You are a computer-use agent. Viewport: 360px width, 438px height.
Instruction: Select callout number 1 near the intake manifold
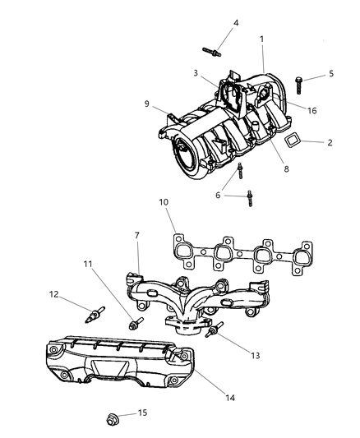(x=261, y=39)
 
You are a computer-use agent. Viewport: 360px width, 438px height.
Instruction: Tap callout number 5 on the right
(x=330, y=73)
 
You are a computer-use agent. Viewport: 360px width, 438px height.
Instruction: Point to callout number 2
(x=330, y=142)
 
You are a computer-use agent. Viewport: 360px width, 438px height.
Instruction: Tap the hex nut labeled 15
(x=113, y=420)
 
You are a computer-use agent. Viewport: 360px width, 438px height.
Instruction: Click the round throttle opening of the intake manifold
(x=186, y=154)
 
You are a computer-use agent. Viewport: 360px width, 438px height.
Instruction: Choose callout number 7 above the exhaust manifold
(x=136, y=237)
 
